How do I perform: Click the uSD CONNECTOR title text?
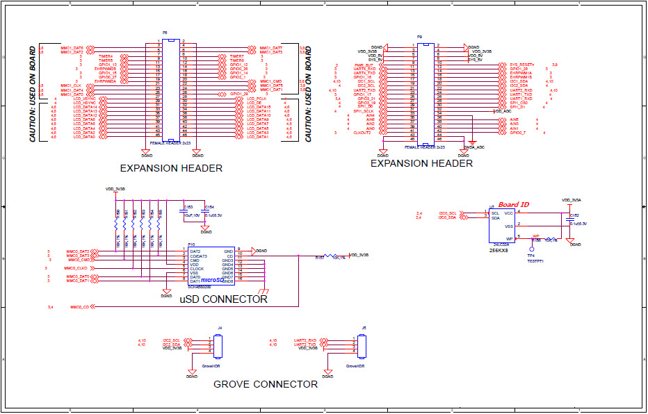223,299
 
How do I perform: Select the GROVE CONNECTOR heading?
266,384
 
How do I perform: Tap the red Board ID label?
513,204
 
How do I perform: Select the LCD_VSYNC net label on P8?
84,99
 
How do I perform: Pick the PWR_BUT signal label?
364,65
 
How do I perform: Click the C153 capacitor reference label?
188,207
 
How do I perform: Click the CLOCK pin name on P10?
197,269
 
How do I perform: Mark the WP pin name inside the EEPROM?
510,239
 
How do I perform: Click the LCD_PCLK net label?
257,99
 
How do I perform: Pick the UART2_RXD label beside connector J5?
305,340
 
